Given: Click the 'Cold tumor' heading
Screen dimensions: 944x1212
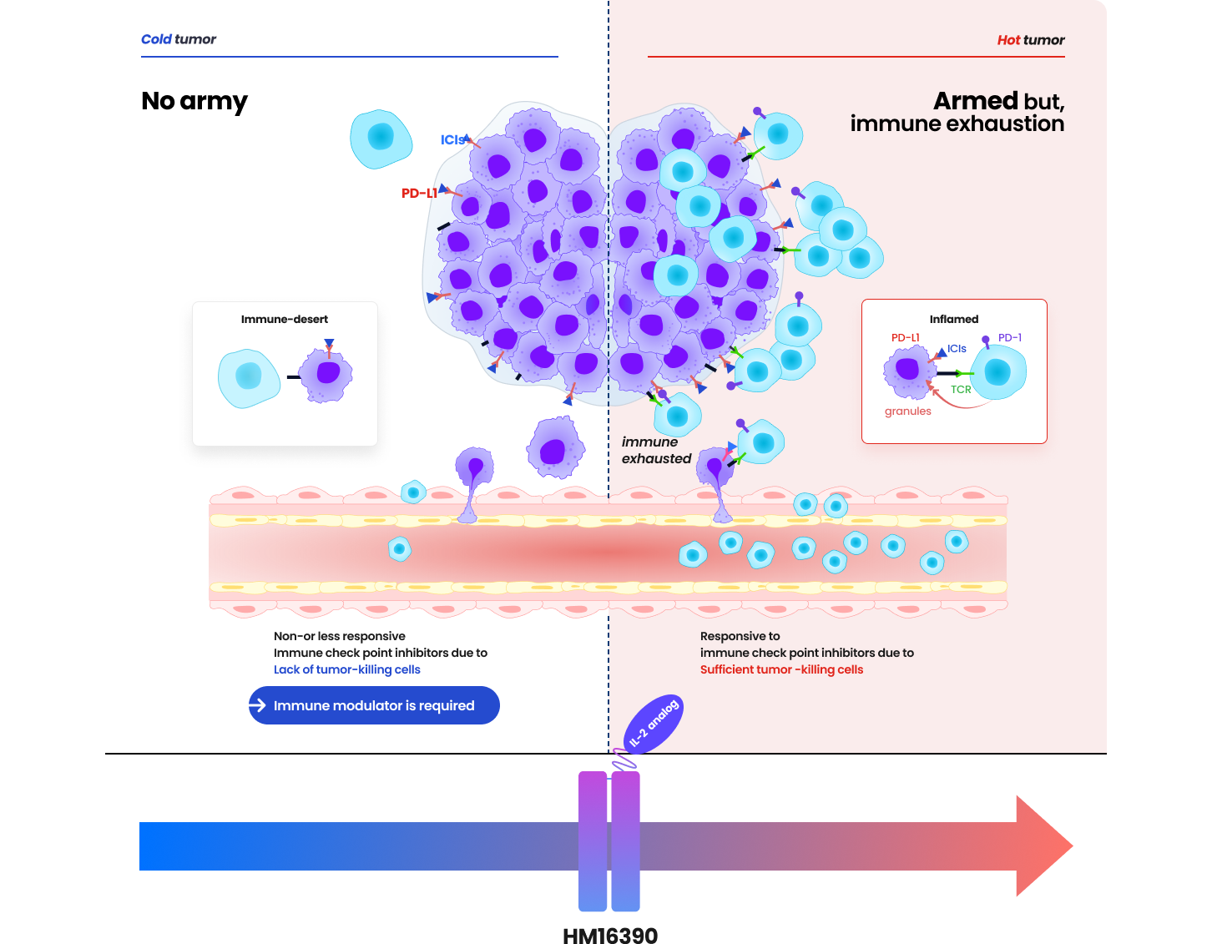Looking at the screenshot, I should pos(178,39).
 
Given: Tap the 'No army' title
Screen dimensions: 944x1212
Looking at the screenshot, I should pos(194,101).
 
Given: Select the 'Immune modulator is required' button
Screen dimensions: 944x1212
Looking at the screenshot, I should pos(374,705).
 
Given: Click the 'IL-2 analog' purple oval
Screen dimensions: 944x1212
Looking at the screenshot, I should pos(654,724).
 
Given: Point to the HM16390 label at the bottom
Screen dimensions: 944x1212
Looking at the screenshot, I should pos(610,935).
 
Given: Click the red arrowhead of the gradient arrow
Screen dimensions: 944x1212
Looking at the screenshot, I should pos(1043,846).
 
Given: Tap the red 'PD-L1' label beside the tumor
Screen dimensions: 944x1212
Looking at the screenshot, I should pos(419,193).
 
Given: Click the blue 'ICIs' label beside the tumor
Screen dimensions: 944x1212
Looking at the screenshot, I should pos(452,139).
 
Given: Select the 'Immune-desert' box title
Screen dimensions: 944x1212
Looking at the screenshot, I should pos(285,319).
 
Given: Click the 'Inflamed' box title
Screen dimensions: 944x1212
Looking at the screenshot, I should pos(954,319).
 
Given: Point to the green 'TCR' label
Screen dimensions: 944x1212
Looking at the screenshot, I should pos(961,389).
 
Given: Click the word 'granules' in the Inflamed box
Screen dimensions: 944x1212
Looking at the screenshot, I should pos(908,411).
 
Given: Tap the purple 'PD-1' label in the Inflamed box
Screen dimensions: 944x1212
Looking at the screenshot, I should pos(1010,337).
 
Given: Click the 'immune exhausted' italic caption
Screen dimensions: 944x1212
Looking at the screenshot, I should pos(656,450).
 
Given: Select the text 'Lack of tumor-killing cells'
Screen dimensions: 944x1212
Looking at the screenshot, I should pos(347,669).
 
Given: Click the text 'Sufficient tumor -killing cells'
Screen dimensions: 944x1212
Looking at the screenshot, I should pos(781,669).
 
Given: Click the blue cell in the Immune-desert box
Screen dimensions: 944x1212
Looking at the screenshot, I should pos(249,377).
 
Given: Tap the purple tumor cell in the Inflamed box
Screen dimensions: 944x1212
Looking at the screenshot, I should pos(907,370).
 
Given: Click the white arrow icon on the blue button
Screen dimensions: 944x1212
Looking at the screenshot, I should pos(258,705).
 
